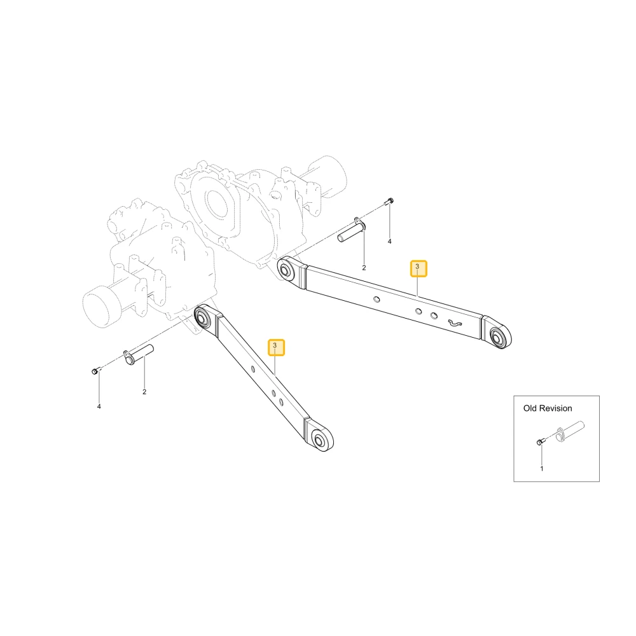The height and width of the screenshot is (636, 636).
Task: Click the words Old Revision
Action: click(x=548, y=408)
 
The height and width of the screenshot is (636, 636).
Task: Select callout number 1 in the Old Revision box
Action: click(x=541, y=469)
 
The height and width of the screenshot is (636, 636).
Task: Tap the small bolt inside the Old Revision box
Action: click(x=539, y=442)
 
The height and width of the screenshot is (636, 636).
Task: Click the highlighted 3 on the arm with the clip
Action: click(x=418, y=268)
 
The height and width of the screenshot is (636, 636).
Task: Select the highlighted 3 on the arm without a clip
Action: click(x=276, y=347)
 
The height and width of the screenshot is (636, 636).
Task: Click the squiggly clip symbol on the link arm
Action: click(x=454, y=323)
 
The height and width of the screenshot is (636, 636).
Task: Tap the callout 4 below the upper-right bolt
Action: click(x=389, y=241)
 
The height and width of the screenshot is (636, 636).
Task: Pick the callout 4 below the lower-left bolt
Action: click(x=99, y=406)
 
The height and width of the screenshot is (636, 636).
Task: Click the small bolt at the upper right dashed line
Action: click(x=391, y=200)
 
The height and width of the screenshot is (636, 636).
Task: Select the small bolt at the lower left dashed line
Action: click(x=95, y=371)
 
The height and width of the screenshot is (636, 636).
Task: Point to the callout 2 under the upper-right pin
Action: click(x=364, y=268)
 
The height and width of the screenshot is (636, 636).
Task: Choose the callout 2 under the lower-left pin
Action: click(x=144, y=392)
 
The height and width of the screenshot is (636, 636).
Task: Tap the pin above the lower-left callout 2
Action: click(x=138, y=354)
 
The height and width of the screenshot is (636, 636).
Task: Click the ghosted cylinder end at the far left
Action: click(x=97, y=306)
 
